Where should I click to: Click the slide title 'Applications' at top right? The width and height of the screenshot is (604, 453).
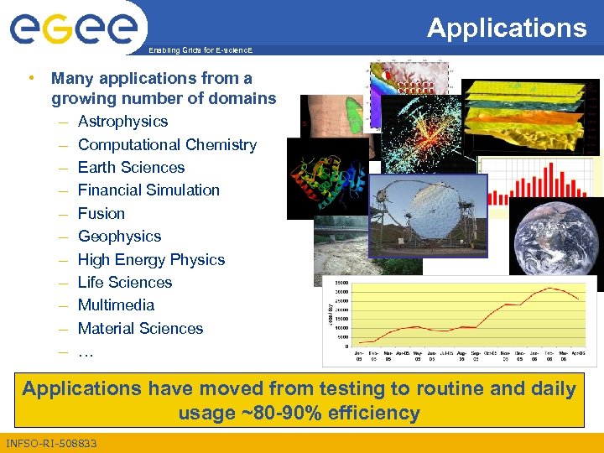507,28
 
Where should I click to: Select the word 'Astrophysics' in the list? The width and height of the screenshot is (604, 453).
122,122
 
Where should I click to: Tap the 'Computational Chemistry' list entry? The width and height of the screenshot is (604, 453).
167,144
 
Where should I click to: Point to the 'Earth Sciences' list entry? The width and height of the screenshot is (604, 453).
131,168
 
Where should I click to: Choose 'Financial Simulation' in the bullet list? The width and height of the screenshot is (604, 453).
148,190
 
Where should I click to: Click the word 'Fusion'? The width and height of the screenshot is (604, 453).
101,214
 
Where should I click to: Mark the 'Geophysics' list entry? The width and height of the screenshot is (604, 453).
119,237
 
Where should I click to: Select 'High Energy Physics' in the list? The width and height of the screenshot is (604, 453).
151,260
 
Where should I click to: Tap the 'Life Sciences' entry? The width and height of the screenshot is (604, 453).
124,283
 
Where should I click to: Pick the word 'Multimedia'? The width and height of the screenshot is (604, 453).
116,305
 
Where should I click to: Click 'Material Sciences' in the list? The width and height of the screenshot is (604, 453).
140,329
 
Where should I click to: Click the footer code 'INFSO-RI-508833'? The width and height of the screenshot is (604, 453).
50,443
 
